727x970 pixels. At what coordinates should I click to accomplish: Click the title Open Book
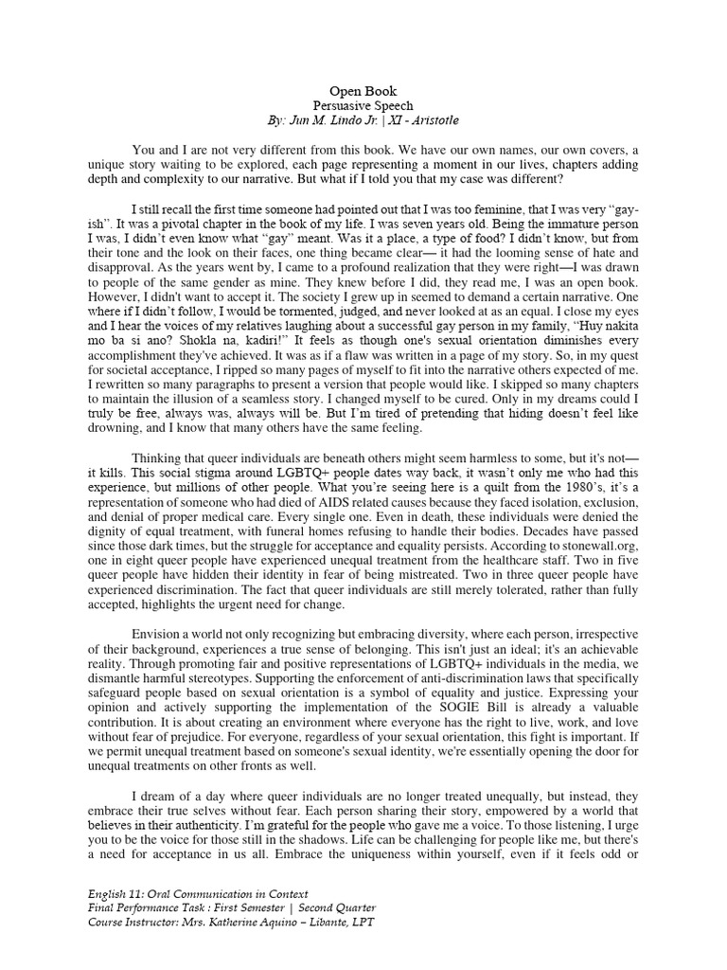pyautogui.click(x=363, y=91)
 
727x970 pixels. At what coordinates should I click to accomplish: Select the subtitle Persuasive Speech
pyautogui.click(x=363, y=106)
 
